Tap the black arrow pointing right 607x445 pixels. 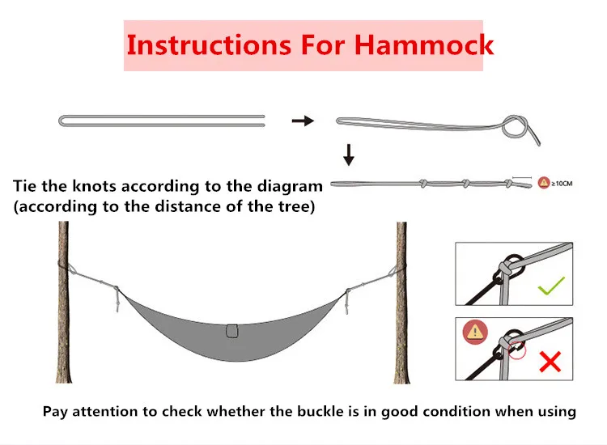click(x=302, y=121)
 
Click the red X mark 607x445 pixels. click(x=550, y=361)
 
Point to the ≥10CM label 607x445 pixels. click(x=562, y=182)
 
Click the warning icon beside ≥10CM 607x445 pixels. click(x=543, y=182)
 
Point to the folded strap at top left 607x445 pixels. click(x=162, y=121)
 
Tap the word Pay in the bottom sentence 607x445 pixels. click(x=54, y=411)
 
